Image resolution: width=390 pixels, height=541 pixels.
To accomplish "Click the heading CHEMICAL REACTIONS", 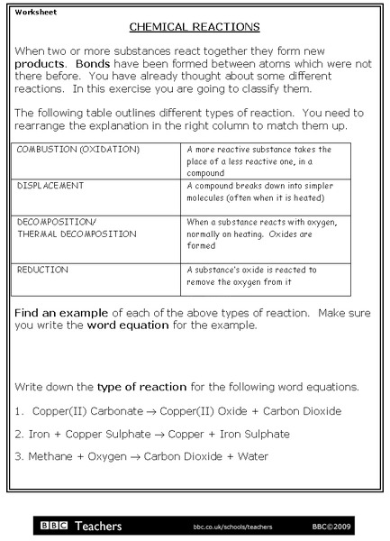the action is [x=195, y=27].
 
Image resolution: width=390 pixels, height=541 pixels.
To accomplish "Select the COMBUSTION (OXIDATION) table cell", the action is [x=78, y=148].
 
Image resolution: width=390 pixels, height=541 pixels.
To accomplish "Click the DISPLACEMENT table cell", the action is [x=50, y=185].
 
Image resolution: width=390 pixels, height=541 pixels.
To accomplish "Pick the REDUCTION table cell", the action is [x=42, y=269].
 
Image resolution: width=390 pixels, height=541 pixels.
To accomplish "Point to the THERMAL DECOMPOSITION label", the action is [x=77, y=234].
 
